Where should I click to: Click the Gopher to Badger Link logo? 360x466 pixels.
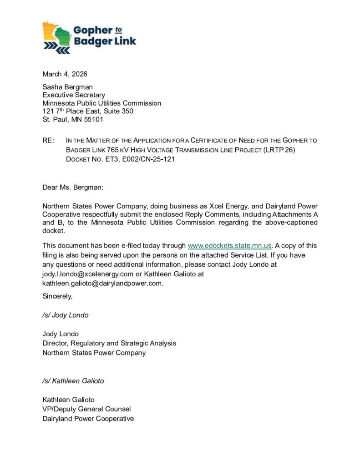coord(89,37)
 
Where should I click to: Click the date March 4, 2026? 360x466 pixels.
coord(65,74)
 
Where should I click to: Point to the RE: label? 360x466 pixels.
coord(48,141)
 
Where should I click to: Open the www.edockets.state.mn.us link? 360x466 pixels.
coord(230,246)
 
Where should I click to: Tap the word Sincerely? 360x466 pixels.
coord(57,296)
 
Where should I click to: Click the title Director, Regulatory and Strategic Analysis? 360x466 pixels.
coord(109,343)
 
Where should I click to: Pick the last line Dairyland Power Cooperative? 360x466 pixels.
coord(88,419)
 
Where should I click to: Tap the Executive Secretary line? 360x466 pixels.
coord(74,95)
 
